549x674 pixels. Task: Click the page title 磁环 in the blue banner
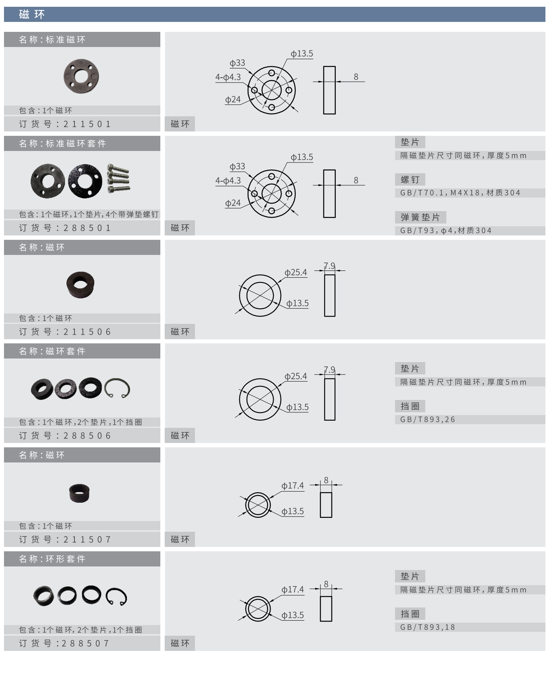[x=32, y=15]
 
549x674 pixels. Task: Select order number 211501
[x=87, y=124]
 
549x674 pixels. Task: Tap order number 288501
[x=87, y=228]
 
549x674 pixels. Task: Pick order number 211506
[x=87, y=332]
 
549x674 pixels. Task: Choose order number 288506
[x=87, y=436]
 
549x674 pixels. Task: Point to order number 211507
[x=87, y=540]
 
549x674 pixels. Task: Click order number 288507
[x=85, y=643]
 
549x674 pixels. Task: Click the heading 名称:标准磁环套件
[x=62, y=143]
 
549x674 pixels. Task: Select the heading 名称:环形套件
[x=52, y=559]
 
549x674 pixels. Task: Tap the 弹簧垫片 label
[x=420, y=217]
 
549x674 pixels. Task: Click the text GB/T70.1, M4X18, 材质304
[x=460, y=193]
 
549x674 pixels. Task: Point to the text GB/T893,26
[x=428, y=419]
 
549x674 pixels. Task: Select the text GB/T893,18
[x=428, y=627]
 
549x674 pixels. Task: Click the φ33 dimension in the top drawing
[x=238, y=63]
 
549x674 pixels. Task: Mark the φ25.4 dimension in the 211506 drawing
[x=296, y=272]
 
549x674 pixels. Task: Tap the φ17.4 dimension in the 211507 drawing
[x=292, y=486]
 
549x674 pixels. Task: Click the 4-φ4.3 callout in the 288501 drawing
[x=228, y=180]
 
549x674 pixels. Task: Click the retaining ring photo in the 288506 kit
[x=117, y=388]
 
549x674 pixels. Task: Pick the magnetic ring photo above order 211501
[x=81, y=76]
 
